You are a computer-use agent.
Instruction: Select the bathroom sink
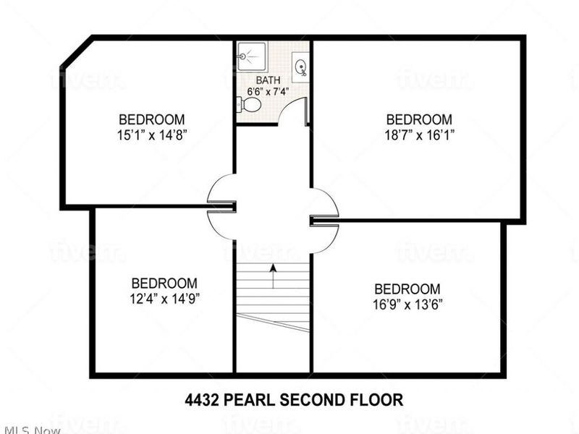click(300, 67)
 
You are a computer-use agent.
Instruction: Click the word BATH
click(268, 80)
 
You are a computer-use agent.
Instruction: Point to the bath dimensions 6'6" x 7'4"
click(268, 91)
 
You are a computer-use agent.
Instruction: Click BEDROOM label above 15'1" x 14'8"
click(152, 119)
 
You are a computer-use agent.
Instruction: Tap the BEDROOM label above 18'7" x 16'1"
click(419, 119)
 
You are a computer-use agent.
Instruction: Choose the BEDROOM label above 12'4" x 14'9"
click(164, 283)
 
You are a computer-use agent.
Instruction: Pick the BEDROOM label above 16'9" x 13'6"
click(407, 289)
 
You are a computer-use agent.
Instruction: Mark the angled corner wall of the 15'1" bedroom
click(76, 52)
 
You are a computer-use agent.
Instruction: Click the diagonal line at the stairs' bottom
click(274, 323)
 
